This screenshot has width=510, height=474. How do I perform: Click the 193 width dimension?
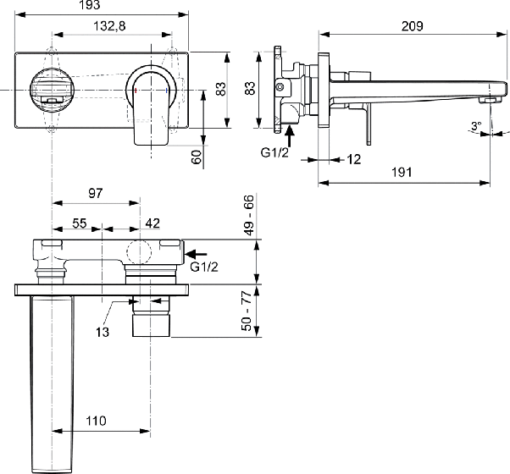90,5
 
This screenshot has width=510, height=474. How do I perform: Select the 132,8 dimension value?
109,26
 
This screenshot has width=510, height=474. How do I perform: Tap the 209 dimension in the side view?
412,26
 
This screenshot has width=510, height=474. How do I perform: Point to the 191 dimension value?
402,172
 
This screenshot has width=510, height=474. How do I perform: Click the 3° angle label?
476,125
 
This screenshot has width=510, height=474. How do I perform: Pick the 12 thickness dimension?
354,159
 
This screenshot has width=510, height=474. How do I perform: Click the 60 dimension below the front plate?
197,157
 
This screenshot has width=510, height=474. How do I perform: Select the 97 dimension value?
95,193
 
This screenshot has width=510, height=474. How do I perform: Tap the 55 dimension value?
80,223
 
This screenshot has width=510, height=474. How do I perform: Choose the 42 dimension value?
152,223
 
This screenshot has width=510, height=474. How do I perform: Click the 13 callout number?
103,332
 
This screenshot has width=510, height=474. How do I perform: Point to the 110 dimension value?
96,421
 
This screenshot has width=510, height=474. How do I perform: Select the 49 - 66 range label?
249,215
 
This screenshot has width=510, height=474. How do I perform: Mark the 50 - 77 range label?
247,311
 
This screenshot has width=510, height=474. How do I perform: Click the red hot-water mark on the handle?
136,91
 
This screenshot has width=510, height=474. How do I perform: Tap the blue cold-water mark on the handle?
167,91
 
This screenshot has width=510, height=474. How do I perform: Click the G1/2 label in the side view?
274,152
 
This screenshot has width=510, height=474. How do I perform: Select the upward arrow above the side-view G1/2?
290,136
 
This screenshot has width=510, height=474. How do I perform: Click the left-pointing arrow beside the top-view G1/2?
196,254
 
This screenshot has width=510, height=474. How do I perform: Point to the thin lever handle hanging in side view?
369,124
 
